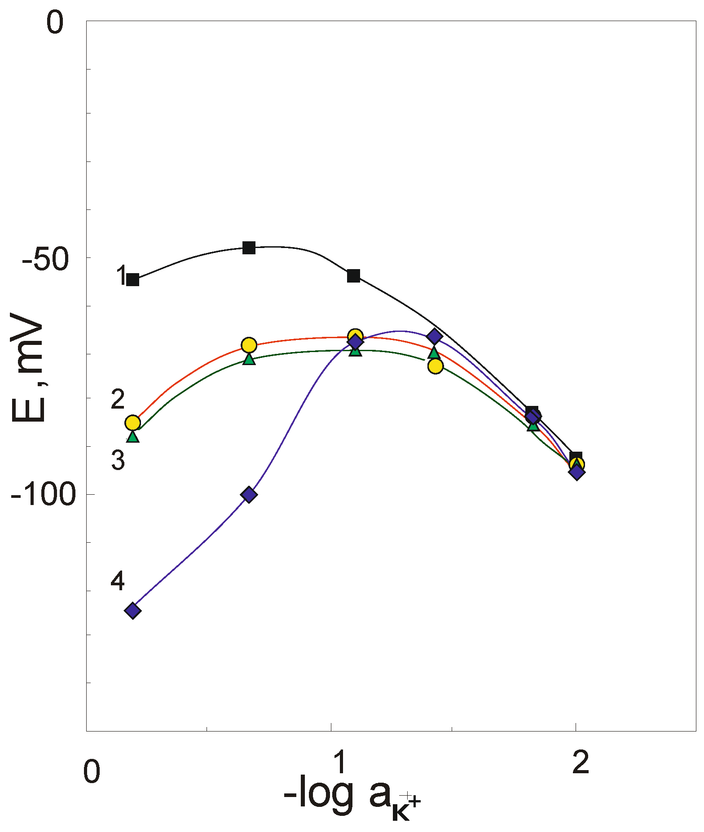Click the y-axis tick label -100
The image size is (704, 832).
click(x=43, y=496)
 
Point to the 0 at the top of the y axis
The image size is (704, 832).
click(x=55, y=24)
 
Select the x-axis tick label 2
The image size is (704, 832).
click(x=581, y=762)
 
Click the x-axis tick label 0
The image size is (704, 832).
click(x=92, y=771)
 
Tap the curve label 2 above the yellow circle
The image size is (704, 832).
click(x=118, y=399)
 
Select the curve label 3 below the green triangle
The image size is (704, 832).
click(x=118, y=460)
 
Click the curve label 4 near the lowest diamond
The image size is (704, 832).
click(x=118, y=581)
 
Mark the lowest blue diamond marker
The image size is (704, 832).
click(x=132, y=610)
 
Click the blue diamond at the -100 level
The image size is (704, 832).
click(x=249, y=495)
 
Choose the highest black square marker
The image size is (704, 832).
click(x=249, y=248)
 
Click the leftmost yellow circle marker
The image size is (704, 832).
click(x=132, y=423)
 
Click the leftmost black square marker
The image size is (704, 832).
click(x=132, y=280)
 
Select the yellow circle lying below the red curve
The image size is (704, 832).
click(x=435, y=366)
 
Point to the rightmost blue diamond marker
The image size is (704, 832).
click(x=577, y=472)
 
